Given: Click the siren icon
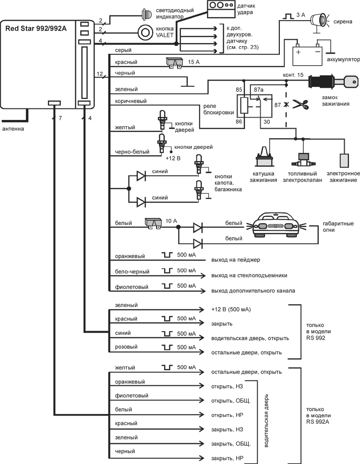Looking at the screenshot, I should pyautogui.click(x=319, y=19).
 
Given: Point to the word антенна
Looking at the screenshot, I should pyautogui.click(x=13, y=129).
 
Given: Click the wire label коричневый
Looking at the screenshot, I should pyautogui.click(x=131, y=101).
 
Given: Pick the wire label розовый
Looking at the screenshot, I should pyautogui.click(x=126, y=346).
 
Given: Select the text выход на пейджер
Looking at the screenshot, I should pyautogui.click(x=235, y=260).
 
